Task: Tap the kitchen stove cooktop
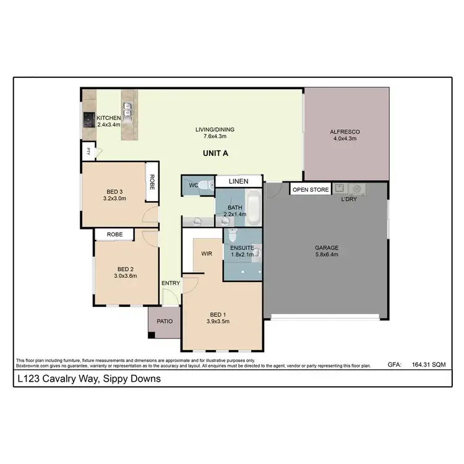(88, 119)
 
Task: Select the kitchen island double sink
(129, 111)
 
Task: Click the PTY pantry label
(88, 150)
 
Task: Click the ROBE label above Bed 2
(115, 234)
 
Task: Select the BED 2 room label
(126, 269)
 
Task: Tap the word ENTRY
(171, 283)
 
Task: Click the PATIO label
(164, 322)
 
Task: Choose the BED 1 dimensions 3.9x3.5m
(218, 322)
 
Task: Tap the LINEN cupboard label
(238, 181)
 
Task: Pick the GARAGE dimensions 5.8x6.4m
(326, 255)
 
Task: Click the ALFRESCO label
(345, 132)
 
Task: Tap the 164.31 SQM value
(429, 366)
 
